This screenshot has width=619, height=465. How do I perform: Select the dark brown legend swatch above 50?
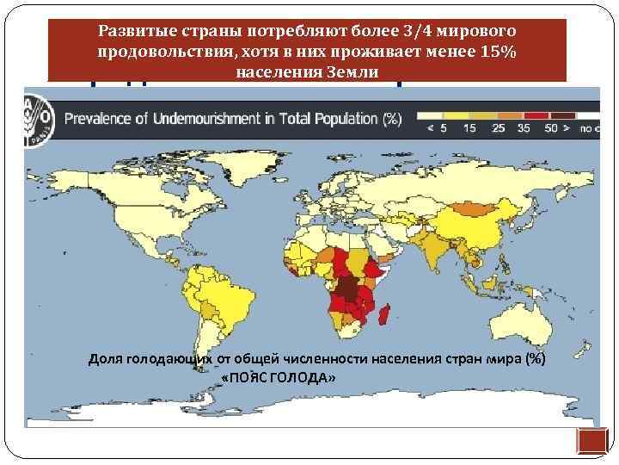pyautogui.click(x=562, y=113)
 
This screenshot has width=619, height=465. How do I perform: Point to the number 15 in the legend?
pyautogui.click(x=469, y=128)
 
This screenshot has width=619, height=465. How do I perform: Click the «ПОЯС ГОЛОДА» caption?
pyautogui.click(x=279, y=379)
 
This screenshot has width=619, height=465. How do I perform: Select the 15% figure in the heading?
pyautogui.click(x=497, y=52)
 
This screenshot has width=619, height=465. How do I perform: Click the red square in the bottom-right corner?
pyautogui.click(x=591, y=441)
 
